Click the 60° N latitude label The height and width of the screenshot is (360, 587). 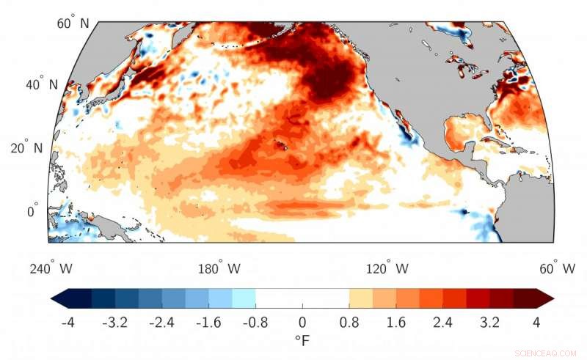click(73, 23)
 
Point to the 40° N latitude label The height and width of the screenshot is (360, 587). click(43, 84)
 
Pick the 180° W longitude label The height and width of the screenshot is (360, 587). click(219, 269)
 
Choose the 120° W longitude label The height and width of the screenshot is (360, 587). click(387, 269)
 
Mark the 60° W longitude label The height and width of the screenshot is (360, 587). click(557, 269)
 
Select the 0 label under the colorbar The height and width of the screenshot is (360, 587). click(302, 322)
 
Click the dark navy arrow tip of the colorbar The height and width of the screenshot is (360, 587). click(58, 298)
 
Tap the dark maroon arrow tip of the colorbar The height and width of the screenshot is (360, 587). click(546, 298)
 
